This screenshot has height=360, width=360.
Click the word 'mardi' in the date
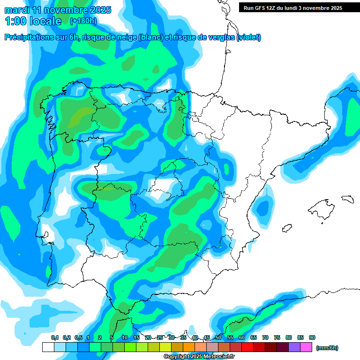17,9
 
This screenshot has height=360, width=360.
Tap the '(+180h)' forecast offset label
83,21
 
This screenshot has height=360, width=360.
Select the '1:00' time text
15,21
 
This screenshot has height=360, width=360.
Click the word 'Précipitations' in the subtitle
28,37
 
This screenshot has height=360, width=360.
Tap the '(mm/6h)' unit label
327,348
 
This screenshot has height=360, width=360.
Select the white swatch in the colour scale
48,347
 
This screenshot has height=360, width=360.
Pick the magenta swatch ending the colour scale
306,347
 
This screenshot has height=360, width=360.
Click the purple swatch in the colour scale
294,347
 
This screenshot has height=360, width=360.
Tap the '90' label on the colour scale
312,337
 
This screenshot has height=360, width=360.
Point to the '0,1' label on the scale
55,337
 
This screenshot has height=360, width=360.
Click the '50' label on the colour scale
218,337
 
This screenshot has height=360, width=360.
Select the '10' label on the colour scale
125,337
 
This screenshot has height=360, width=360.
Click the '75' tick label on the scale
277,337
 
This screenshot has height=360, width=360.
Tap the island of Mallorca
321,207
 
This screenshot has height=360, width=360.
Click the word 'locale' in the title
45,21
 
